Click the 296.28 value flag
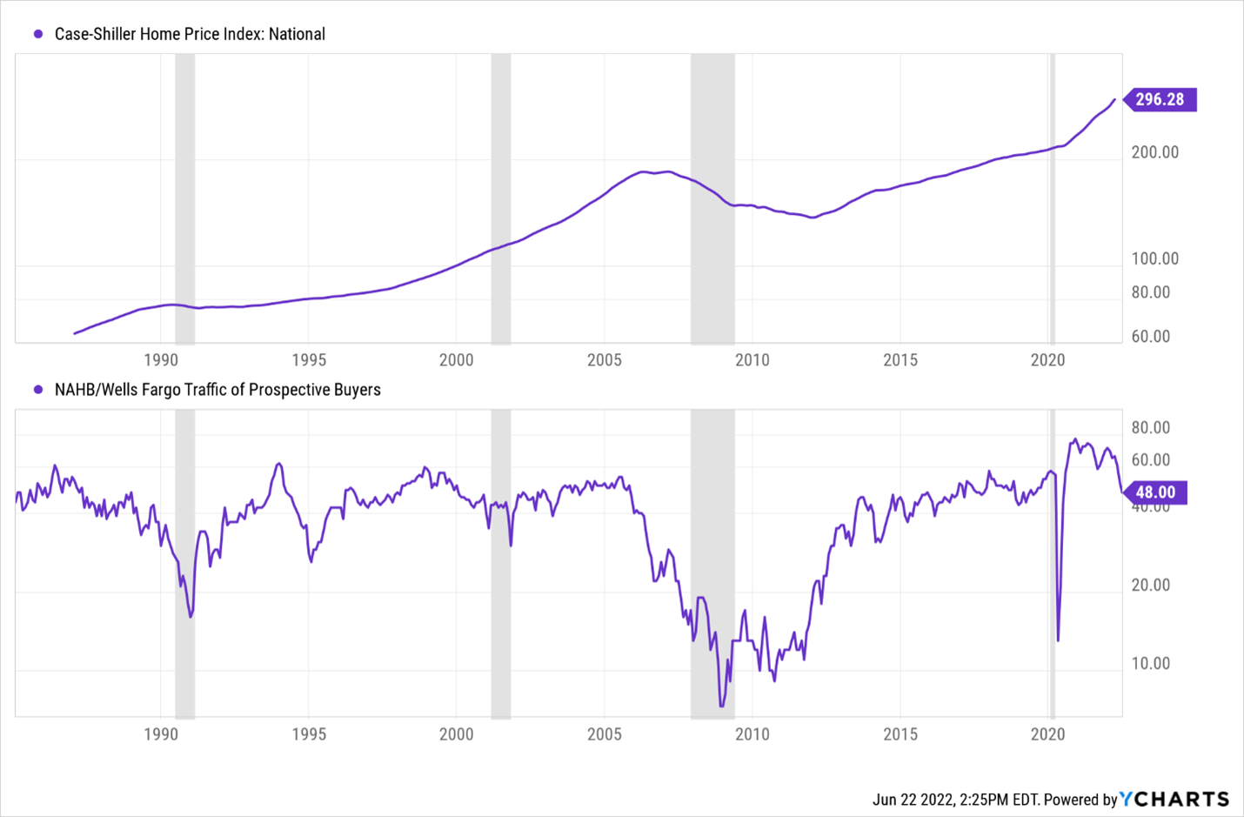(x=1160, y=99)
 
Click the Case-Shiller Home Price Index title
(x=190, y=34)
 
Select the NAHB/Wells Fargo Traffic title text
(x=217, y=390)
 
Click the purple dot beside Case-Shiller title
(x=38, y=34)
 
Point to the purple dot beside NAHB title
(x=38, y=390)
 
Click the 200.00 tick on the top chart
(x=1154, y=152)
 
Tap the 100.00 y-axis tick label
(x=1154, y=258)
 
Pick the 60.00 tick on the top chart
(x=1150, y=337)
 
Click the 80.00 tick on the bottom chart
(x=1150, y=428)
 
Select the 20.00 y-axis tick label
(x=1150, y=586)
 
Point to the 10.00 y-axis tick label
(x=1150, y=664)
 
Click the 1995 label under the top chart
(x=309, y=360)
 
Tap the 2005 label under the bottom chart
(x=605, y=734)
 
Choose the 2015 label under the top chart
(x=900, y=360)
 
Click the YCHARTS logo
(x=1174, y=799)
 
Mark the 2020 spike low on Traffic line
(x=1058, y=640)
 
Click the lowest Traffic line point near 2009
(x=721, y=706)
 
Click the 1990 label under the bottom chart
(x=161, y=734)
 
